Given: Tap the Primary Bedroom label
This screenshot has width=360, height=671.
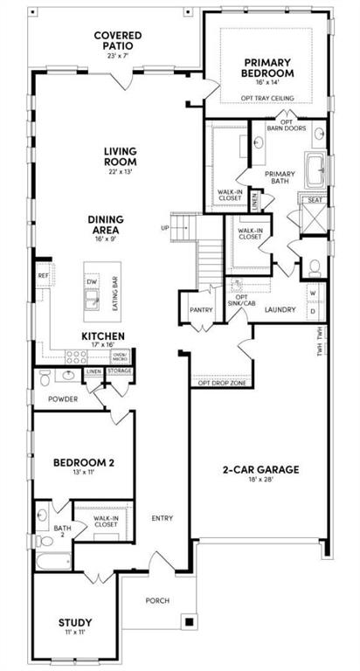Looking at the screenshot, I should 267,68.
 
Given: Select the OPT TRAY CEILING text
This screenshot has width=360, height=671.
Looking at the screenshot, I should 267,99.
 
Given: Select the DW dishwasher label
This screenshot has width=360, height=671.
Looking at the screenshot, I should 91,281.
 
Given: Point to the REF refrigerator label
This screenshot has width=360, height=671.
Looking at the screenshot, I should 43,275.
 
